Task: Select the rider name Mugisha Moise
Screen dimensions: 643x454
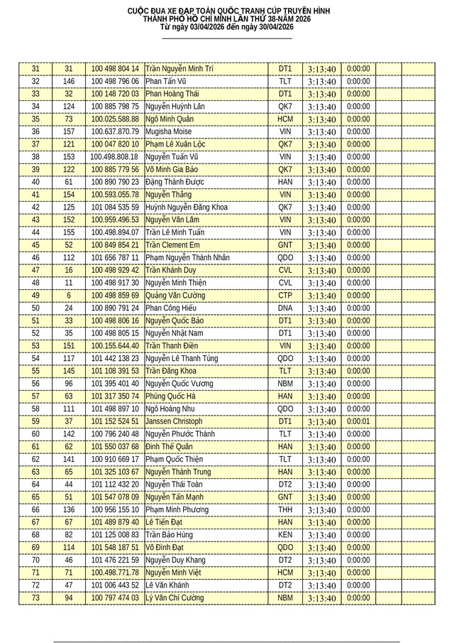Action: [x=168, y=131]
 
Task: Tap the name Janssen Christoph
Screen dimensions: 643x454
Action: [x=174, y=421]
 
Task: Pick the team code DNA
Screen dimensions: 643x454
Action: [x=284, y=308]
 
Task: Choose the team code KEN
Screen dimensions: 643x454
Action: [x=284, y=535]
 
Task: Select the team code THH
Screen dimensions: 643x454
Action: [x=284, y=510]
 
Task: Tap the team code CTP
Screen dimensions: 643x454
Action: [x=284, y=296]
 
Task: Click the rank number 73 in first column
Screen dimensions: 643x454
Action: [x=35, y=598]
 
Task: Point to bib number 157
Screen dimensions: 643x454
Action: [x=69, y=131]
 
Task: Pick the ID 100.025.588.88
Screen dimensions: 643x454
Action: [x=114, y=119]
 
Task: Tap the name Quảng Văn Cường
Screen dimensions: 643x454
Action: [x=176, y=296]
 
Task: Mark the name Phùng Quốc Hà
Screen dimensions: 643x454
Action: [x=170, y=396]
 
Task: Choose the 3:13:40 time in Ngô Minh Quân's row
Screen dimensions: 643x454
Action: [x=322, y=119]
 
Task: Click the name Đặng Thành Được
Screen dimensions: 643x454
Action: [x=175, y=182]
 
